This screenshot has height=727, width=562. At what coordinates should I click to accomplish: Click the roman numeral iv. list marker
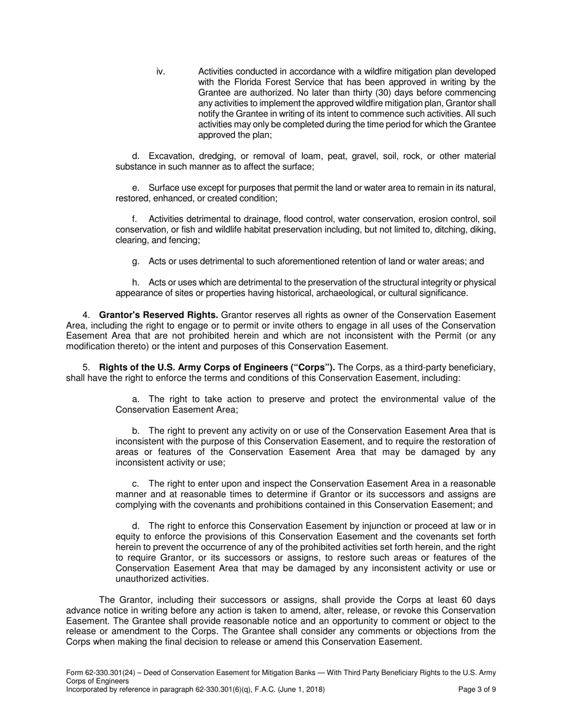160,72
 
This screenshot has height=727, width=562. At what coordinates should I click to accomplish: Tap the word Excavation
172,156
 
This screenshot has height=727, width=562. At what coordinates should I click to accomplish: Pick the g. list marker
135,261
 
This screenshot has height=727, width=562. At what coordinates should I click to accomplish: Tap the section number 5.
86,368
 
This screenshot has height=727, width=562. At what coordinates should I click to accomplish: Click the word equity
128,537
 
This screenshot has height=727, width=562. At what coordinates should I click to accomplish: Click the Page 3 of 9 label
477,690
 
